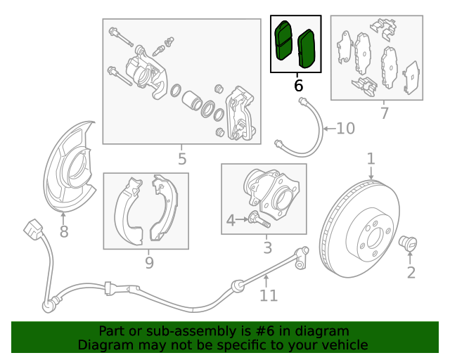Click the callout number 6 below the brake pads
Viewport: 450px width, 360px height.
(x=298, y=86)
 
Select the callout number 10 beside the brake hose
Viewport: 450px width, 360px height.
(x=345, y=129)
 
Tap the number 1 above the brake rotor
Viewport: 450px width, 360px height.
(x=371, y=159)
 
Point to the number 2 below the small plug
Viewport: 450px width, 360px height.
(x=411, y=272)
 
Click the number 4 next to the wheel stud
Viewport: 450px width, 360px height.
(x=231, y=221)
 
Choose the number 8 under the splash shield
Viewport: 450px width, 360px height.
(x=64, y=231)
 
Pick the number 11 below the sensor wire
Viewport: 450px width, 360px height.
(x=269, y=295)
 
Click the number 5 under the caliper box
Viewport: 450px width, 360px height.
(x=182, y=159)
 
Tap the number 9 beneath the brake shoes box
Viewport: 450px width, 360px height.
(x=149, y=262)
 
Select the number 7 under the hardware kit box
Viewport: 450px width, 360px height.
(x=385, y=113)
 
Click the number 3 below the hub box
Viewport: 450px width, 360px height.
(x=267, y=247)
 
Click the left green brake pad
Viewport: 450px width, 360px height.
(x=283, y=41)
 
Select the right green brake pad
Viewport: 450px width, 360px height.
(x=307, y=49)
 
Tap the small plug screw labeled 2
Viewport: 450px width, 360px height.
(x=408, y=243)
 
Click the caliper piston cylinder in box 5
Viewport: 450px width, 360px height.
(x=192, y=101)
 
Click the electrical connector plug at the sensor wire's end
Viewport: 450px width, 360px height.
(x=33, y=229)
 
